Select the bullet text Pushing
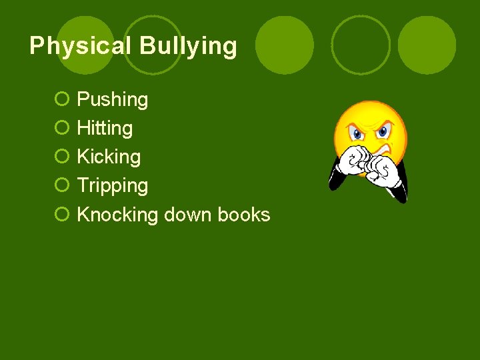coord(113,100)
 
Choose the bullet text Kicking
coord(109,157)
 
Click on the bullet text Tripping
coord(113,186)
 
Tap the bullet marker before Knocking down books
coord(61,215)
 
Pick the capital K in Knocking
coord(83,215)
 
